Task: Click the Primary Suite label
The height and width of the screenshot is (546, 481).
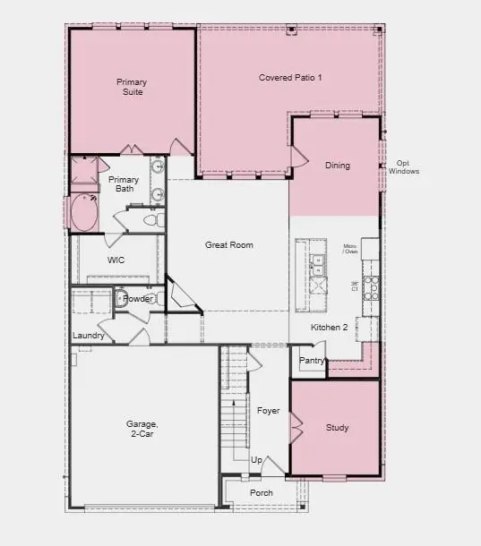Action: click(132, 87)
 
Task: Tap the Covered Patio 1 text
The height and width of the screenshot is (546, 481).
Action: click(290, 78)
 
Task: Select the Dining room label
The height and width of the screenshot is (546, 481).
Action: click(338, 166)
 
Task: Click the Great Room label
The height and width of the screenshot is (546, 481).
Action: click(228, 245)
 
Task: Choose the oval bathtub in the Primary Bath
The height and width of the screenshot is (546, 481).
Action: click(87, 214)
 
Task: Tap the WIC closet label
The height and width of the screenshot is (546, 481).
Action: click(116, 260)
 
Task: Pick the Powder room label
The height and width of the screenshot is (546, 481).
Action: click(137, 299)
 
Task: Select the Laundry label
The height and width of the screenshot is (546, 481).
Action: click(89, 336)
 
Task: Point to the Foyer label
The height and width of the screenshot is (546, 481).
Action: click(269, 411)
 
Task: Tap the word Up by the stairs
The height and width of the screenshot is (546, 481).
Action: click(256, 460)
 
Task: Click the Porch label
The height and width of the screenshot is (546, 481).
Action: click(262, 492)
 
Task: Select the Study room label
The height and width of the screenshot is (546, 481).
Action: click(337, 428)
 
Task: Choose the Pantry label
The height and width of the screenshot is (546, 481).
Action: click(312, 361)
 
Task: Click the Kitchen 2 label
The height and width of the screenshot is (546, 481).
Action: click(329, 328)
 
